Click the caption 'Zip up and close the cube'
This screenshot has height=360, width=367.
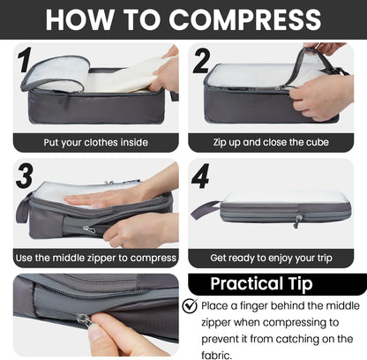[277, 142]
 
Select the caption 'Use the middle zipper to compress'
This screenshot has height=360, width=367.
[95, 258]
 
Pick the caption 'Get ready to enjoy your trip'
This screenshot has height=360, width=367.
[277, 258]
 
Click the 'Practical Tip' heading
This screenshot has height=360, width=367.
[277, 285]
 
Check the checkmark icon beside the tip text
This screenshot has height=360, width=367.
[191, 306]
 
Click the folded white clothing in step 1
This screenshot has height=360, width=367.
[124, 78]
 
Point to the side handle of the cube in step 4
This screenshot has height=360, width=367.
[205, 210]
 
